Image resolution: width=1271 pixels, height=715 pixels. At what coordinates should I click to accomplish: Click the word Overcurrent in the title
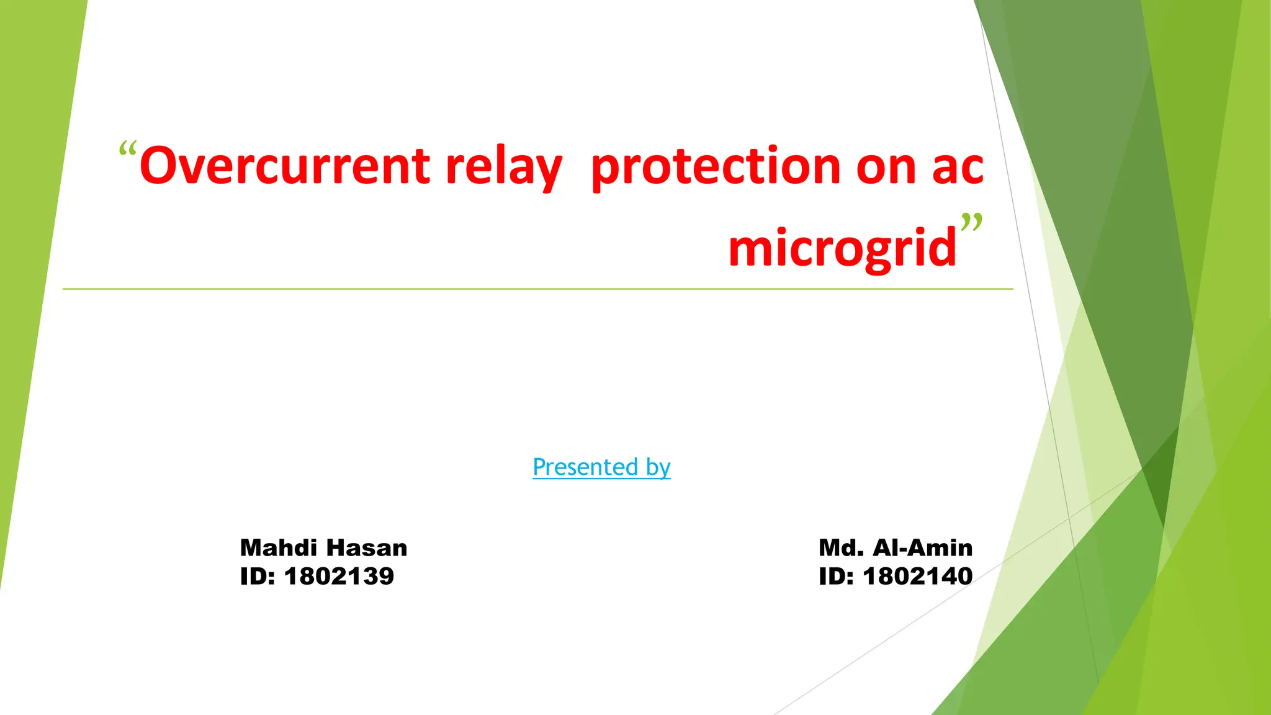click(284, 166)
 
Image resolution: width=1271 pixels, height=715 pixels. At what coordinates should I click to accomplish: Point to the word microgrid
click(842, 248)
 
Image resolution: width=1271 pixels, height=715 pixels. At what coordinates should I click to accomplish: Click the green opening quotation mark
click(127, 150)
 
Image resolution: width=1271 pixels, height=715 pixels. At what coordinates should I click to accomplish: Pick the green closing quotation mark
click(971, 222)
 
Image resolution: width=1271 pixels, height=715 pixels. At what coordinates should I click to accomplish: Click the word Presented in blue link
click(585, 467)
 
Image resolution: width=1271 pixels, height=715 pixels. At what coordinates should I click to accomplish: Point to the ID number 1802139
click(339, 576)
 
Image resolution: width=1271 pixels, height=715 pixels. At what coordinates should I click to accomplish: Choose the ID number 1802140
click(917, 576)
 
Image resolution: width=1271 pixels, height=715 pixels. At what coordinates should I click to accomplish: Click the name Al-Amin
click(922, 547)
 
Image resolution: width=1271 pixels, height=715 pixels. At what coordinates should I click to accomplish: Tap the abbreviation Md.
click(841, 547)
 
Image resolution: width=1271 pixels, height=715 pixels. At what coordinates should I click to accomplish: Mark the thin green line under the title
click(496, 289)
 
